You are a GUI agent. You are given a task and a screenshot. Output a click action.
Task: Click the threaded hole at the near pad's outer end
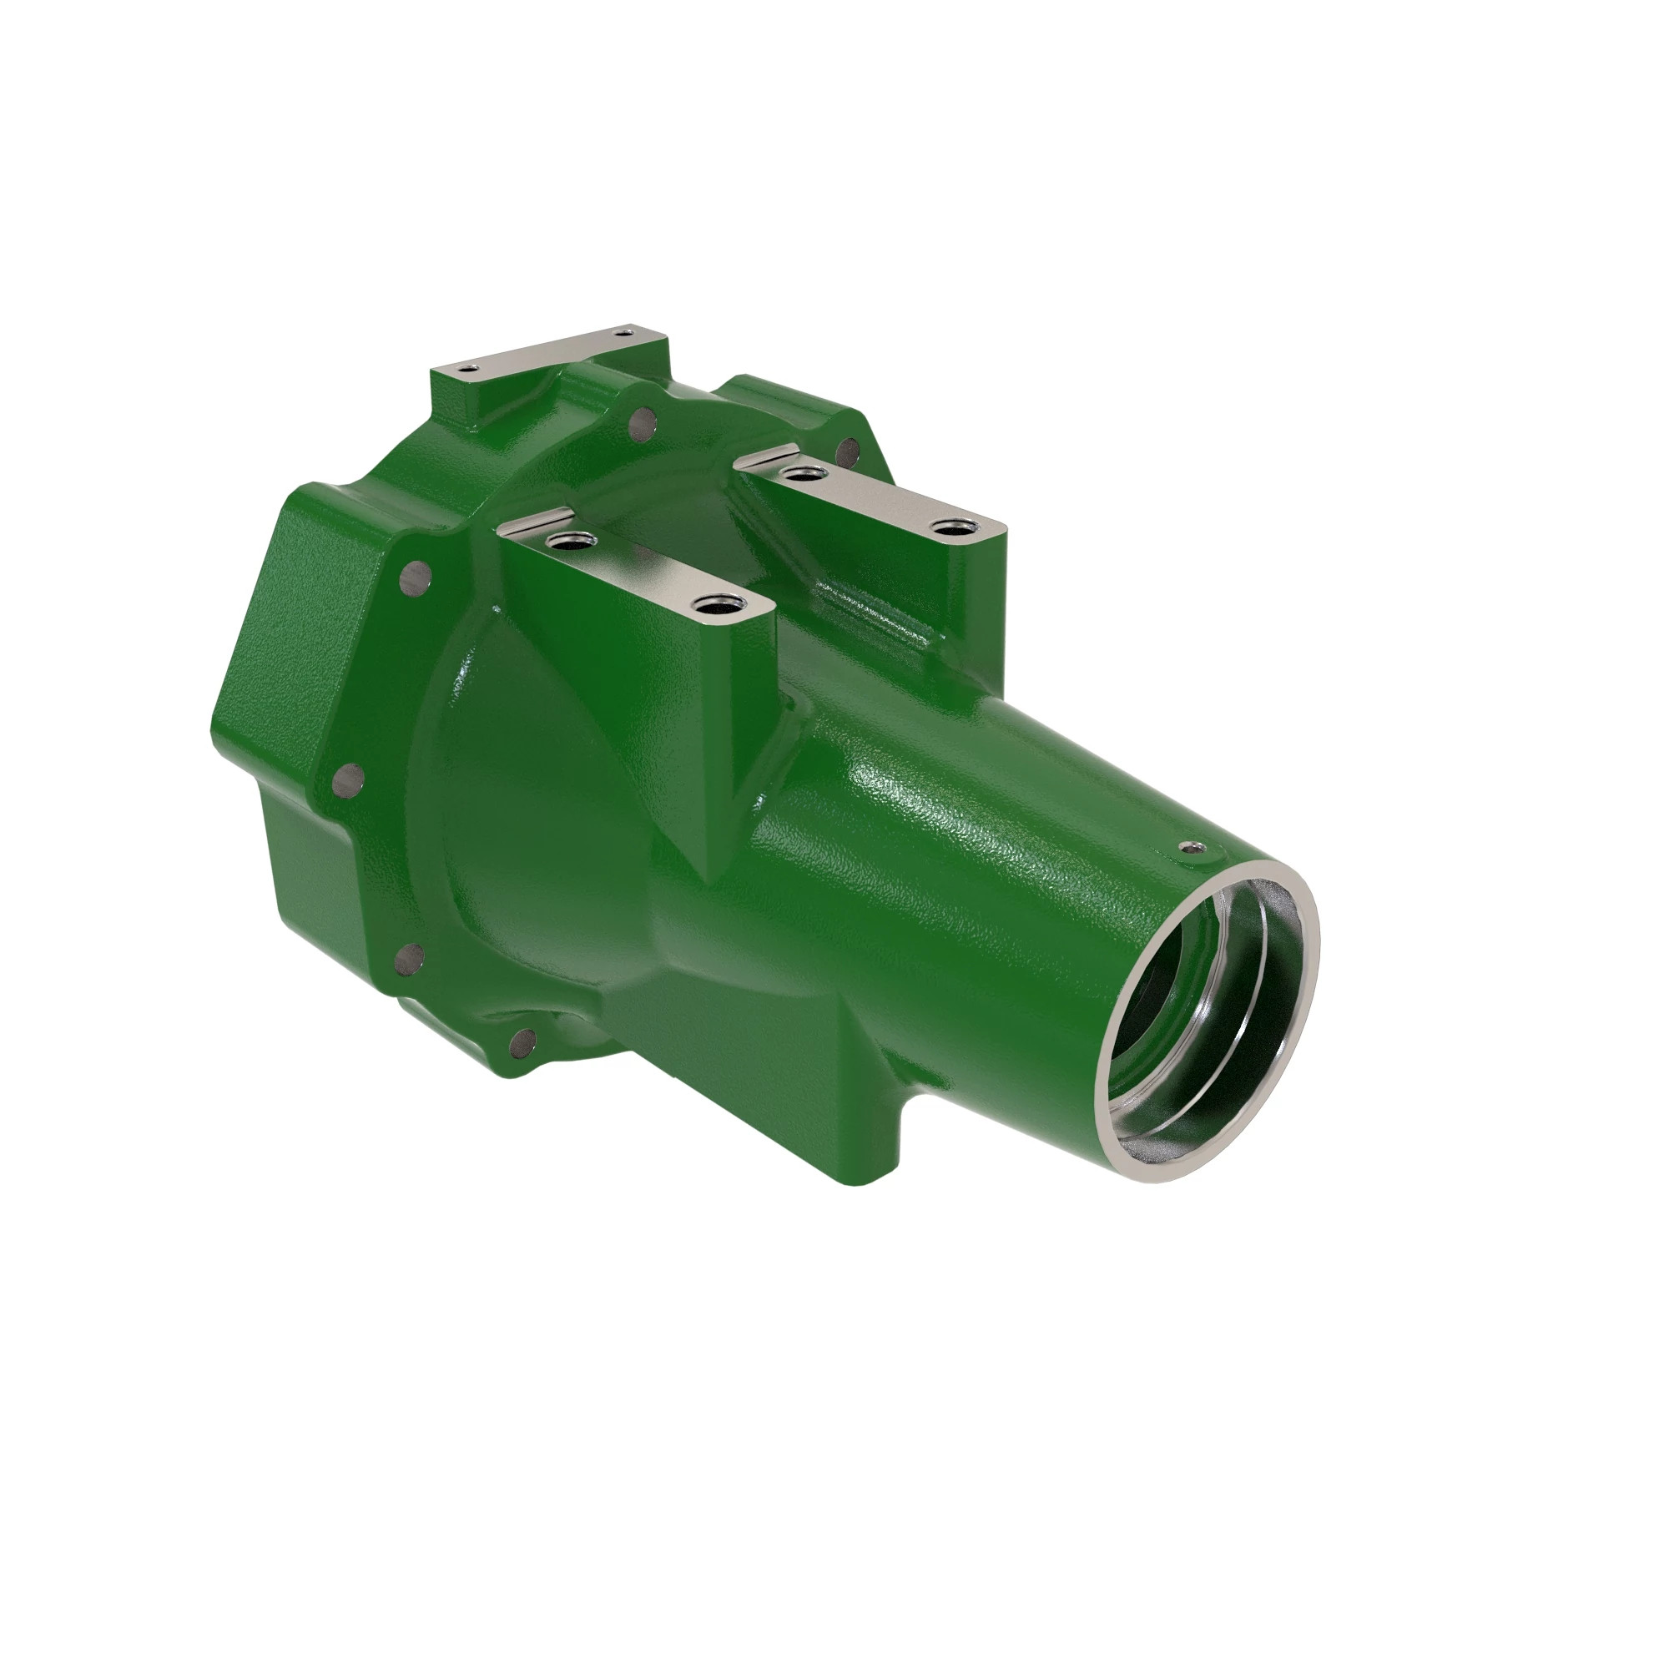713,606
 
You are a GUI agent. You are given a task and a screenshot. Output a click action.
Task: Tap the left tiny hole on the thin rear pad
467,369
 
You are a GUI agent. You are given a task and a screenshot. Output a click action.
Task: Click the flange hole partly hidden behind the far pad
849,449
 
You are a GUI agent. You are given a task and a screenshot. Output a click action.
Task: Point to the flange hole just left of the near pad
416,573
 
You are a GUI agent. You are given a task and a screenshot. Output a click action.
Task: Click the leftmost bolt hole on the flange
350,780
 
